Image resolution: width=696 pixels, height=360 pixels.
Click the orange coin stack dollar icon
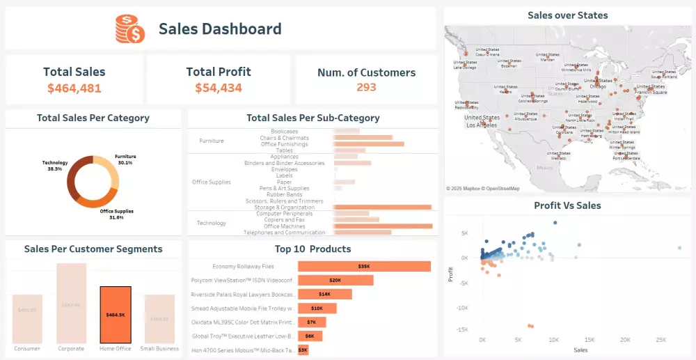130,29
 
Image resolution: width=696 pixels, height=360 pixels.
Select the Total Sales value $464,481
74,88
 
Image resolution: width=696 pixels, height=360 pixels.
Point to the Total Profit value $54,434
219,88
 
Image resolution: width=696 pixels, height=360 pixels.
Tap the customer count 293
366,87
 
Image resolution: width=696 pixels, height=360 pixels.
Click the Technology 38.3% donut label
55,166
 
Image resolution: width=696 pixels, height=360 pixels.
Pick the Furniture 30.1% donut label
125,159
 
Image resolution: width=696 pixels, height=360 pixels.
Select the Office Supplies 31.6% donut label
116,214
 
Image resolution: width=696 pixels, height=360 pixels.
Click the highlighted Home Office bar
116,314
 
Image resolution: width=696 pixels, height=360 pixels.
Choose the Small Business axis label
160,349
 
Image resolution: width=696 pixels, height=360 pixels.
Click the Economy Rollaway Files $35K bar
364,267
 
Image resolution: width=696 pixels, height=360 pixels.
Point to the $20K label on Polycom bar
335,281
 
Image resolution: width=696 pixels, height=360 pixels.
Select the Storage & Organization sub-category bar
382,208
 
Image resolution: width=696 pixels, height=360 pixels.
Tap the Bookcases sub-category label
285,131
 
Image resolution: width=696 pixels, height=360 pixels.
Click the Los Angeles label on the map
482,125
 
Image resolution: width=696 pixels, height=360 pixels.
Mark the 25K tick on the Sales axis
661,340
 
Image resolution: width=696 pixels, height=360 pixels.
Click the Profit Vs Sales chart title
567,205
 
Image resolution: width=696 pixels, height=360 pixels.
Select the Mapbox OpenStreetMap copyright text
483,189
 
